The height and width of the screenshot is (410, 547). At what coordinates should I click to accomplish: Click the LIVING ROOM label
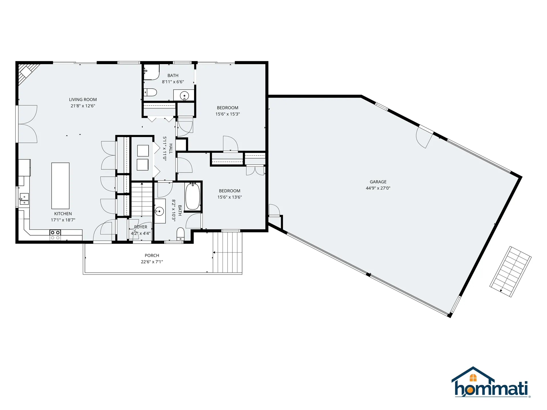(x=83, y=99)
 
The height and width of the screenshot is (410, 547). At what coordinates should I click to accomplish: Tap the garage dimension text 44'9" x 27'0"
(x=378, y=188)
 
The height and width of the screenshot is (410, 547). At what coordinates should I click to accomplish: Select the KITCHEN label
(x=63, y=214)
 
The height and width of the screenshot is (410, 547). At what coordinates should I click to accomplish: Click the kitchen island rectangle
(x=60, y=186)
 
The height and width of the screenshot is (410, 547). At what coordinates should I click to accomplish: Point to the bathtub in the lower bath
(x=193, y=196)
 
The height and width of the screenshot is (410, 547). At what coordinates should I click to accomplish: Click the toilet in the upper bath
(x=150, y=92)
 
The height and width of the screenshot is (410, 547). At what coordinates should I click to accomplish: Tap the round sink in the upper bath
(x=184, y=96)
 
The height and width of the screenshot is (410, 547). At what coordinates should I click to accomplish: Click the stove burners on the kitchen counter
(x=55, y=235)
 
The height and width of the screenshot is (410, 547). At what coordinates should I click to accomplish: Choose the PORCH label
(x=152, y=255)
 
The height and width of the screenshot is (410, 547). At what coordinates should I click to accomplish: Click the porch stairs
(x=227, y=252)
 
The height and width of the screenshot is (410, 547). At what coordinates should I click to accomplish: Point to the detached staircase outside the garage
(x=511, y=272)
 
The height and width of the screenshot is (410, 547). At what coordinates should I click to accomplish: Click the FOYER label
(x=141, y=227)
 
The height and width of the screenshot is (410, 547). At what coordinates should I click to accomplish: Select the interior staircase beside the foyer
(x=142, y=199)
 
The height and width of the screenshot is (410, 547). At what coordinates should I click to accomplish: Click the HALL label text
(x=171, y=149)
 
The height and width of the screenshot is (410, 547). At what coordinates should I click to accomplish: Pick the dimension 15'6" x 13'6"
(x=230, y=197)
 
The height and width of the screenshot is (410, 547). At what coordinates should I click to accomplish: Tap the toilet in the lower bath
(x=181, y=234)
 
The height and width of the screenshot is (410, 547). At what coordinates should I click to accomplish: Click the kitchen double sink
(x=24, y=199)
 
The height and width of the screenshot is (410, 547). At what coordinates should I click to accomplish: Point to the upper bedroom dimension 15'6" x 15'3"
(x=227, y=114)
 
